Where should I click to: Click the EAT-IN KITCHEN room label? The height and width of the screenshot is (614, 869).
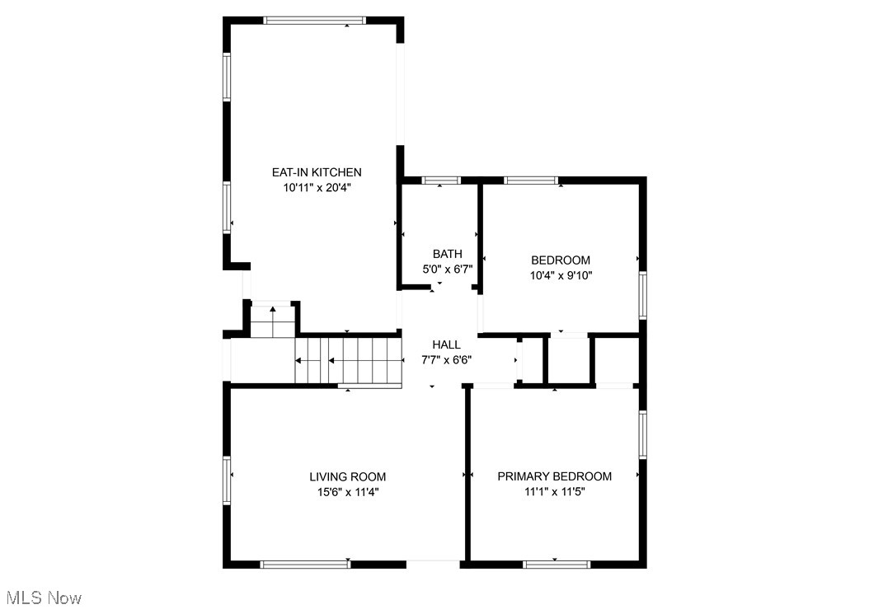pos(317,172)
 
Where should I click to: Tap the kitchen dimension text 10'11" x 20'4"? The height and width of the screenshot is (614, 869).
pos(317,188)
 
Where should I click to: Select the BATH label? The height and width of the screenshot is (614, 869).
pos(447,254)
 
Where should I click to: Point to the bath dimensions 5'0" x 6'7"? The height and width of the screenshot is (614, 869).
pos(447,270)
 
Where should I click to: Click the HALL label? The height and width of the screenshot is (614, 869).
pos(446,344)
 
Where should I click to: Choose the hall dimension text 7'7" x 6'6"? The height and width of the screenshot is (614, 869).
pos(446,360)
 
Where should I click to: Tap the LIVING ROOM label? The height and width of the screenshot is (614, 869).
pos(347,476)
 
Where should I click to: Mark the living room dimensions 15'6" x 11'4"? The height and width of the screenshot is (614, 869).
pos(347,492)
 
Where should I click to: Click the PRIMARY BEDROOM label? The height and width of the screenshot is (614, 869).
pos(554,476)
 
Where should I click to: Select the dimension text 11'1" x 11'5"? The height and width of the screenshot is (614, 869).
pos(554,492)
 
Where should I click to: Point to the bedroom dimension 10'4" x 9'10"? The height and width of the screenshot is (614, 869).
pos(561,276)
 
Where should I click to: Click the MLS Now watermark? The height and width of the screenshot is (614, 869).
pos(43,597)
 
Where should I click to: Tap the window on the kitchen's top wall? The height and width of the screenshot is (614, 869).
pos(314,21)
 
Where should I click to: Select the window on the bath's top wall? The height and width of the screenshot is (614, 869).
pos(440,180)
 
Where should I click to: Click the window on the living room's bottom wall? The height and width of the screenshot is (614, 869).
pos(306,565)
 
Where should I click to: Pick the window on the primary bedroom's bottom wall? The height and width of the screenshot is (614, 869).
pos(557,565)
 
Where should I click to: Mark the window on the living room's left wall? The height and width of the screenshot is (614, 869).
pos(227,480)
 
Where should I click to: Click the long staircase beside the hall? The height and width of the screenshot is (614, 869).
pos(348,361)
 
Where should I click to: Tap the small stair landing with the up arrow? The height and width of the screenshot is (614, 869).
pos(272,320)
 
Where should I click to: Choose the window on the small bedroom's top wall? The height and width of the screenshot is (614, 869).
pos(531,180)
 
